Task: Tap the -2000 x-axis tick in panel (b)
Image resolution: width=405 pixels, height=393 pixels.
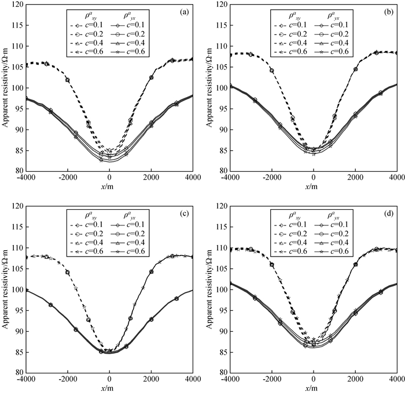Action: pos(271,179)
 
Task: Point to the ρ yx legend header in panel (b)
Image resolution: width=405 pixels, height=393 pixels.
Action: pos(331,14)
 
